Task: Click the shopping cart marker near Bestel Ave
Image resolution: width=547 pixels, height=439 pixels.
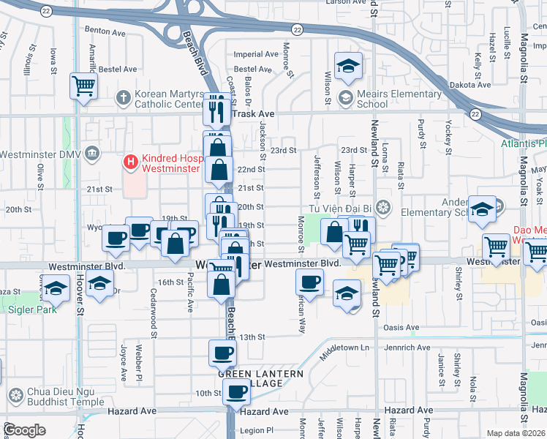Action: coord(84,86)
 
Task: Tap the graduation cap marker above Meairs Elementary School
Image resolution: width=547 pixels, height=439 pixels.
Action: coord(349,66)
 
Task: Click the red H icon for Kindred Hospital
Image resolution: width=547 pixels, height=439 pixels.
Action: coord(131,160)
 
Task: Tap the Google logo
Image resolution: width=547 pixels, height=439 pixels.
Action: coord(24,430)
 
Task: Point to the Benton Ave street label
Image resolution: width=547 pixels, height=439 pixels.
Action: coord(106,31)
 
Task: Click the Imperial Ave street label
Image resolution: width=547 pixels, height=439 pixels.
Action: coord(256,54)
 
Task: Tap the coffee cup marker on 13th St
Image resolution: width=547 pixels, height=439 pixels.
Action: coord(223,353)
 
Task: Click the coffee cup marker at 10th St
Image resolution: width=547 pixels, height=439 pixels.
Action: coord(236,391)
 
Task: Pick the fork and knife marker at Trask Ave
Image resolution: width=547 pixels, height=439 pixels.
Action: coord(216,108)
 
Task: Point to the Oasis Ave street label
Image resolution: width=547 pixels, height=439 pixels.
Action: coord(401,327)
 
